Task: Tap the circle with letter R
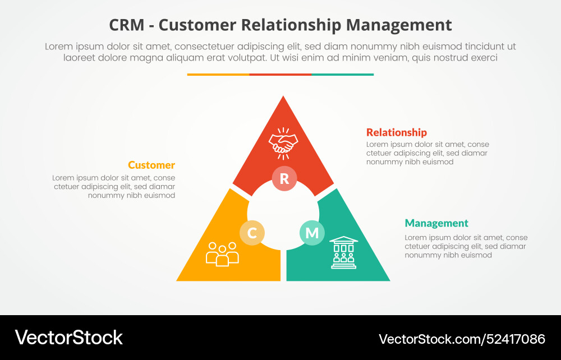click(284, 179)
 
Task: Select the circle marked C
click(252, 233)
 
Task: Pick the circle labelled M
click(312, 233)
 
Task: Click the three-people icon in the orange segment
click(222, 253)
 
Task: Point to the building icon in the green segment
click(343, 252)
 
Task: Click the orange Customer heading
click(151, 165)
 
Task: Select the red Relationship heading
click(396, 132)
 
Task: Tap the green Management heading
click(436, 223)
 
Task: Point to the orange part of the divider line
click(218, 74)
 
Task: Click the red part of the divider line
click(280, 74)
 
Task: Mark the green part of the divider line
click(342, 74)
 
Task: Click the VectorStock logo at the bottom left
click(68, 338)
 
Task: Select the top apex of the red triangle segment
click(283, 98)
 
